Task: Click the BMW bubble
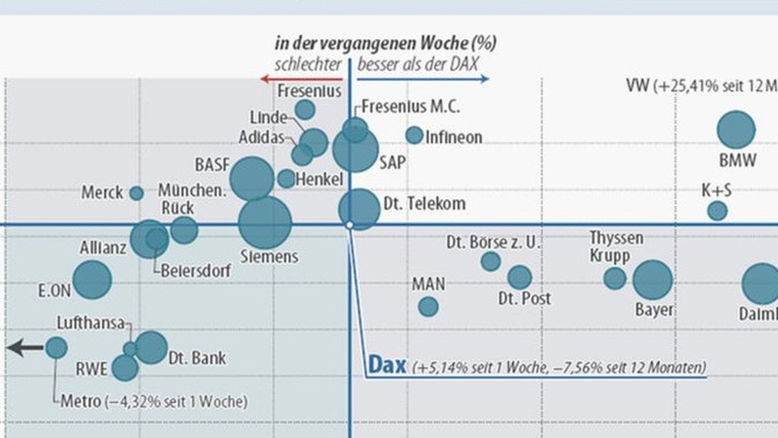pos(736,130)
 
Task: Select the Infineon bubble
pos(415,135)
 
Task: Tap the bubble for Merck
pos(136,193)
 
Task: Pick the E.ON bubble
pos(92,280)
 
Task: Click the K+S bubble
pos(717,211)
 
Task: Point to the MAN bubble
pos(428,307)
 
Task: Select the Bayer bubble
pos(653,280)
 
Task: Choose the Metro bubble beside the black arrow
pos(57,348)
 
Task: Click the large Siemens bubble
pos(265,223)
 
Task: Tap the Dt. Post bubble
pos(520,277)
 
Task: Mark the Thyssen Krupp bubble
pos(614,278)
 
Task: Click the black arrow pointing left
pos(25,348)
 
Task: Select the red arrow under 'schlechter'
pos(301,78)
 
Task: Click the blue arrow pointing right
pos(423,78)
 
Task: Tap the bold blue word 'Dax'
pos(387,365)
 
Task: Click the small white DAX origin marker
pos(349,225)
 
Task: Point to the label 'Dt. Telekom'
pos(425,203)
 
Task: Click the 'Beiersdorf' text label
pos(196,270)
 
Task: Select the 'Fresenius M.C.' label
pos(410,106)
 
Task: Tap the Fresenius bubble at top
pos(305,109)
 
